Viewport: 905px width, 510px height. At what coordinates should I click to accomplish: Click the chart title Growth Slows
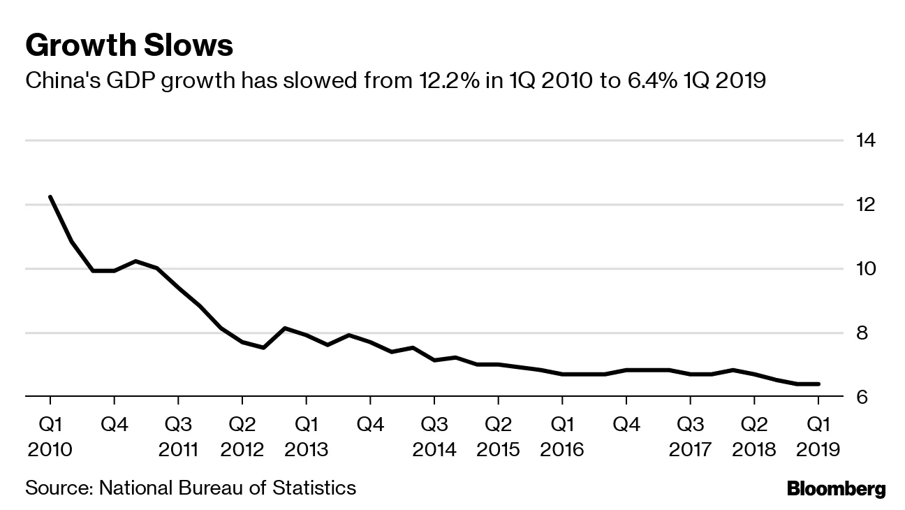(128, 46)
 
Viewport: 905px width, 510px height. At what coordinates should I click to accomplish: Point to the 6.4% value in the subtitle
(663, 81)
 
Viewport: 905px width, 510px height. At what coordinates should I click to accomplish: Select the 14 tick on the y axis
(866, 140)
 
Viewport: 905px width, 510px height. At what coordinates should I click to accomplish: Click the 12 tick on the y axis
(866, 205)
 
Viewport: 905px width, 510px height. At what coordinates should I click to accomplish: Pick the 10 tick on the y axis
(866, 269)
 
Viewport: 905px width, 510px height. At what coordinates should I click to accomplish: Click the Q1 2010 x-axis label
(50, 437)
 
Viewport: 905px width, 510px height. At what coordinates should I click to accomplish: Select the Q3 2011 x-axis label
(178, 437)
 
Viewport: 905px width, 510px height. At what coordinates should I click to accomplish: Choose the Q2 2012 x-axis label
(242, 437)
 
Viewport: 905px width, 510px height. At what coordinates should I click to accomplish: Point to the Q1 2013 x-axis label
(306, 437)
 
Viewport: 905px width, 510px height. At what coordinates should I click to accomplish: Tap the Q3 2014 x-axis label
(434, 437)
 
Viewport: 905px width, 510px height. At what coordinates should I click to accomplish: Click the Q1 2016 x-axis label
(562, 437)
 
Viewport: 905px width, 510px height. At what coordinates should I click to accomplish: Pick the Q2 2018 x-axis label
(754, 437)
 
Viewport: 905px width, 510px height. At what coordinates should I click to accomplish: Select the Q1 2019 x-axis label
(818, 437)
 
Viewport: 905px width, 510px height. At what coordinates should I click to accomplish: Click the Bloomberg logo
(836, 489)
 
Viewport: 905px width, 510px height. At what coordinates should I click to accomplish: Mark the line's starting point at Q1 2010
(50, 197)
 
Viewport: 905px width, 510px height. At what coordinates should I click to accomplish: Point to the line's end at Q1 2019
(818, 384)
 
